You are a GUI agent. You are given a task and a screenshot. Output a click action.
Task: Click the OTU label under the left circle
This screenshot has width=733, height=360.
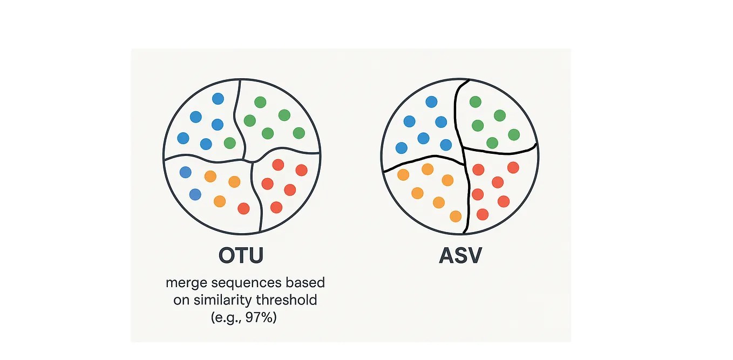(241, 255)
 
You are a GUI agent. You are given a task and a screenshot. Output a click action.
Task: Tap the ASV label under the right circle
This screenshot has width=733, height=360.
(460, 255)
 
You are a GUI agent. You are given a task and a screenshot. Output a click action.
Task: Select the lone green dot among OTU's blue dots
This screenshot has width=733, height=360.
(229, 143)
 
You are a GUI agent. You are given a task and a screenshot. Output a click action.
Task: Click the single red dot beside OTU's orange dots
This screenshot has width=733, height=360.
(243, 208)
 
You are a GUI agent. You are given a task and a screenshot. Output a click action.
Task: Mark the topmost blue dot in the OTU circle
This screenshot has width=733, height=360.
(218, 98)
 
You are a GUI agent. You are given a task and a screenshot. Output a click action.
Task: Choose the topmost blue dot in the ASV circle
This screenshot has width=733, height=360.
(431, 101)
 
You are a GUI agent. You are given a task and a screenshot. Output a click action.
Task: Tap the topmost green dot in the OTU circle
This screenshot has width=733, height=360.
(260, 102)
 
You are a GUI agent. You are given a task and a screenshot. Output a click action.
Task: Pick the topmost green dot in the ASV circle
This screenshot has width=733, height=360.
(475, 101)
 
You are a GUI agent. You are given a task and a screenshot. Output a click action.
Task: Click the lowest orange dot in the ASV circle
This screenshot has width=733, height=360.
(456, 216)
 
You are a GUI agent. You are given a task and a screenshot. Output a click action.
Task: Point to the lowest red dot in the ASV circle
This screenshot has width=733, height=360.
(483, 214)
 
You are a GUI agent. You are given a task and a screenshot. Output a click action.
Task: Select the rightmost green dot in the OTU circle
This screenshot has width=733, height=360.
(298, 133)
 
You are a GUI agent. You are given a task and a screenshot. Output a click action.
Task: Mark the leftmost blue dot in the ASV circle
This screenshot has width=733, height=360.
(401, 147)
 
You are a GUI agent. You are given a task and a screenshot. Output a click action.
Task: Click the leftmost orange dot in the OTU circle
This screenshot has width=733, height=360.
(210, 176)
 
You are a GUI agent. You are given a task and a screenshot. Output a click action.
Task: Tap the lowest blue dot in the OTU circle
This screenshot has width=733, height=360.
(195, 194)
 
